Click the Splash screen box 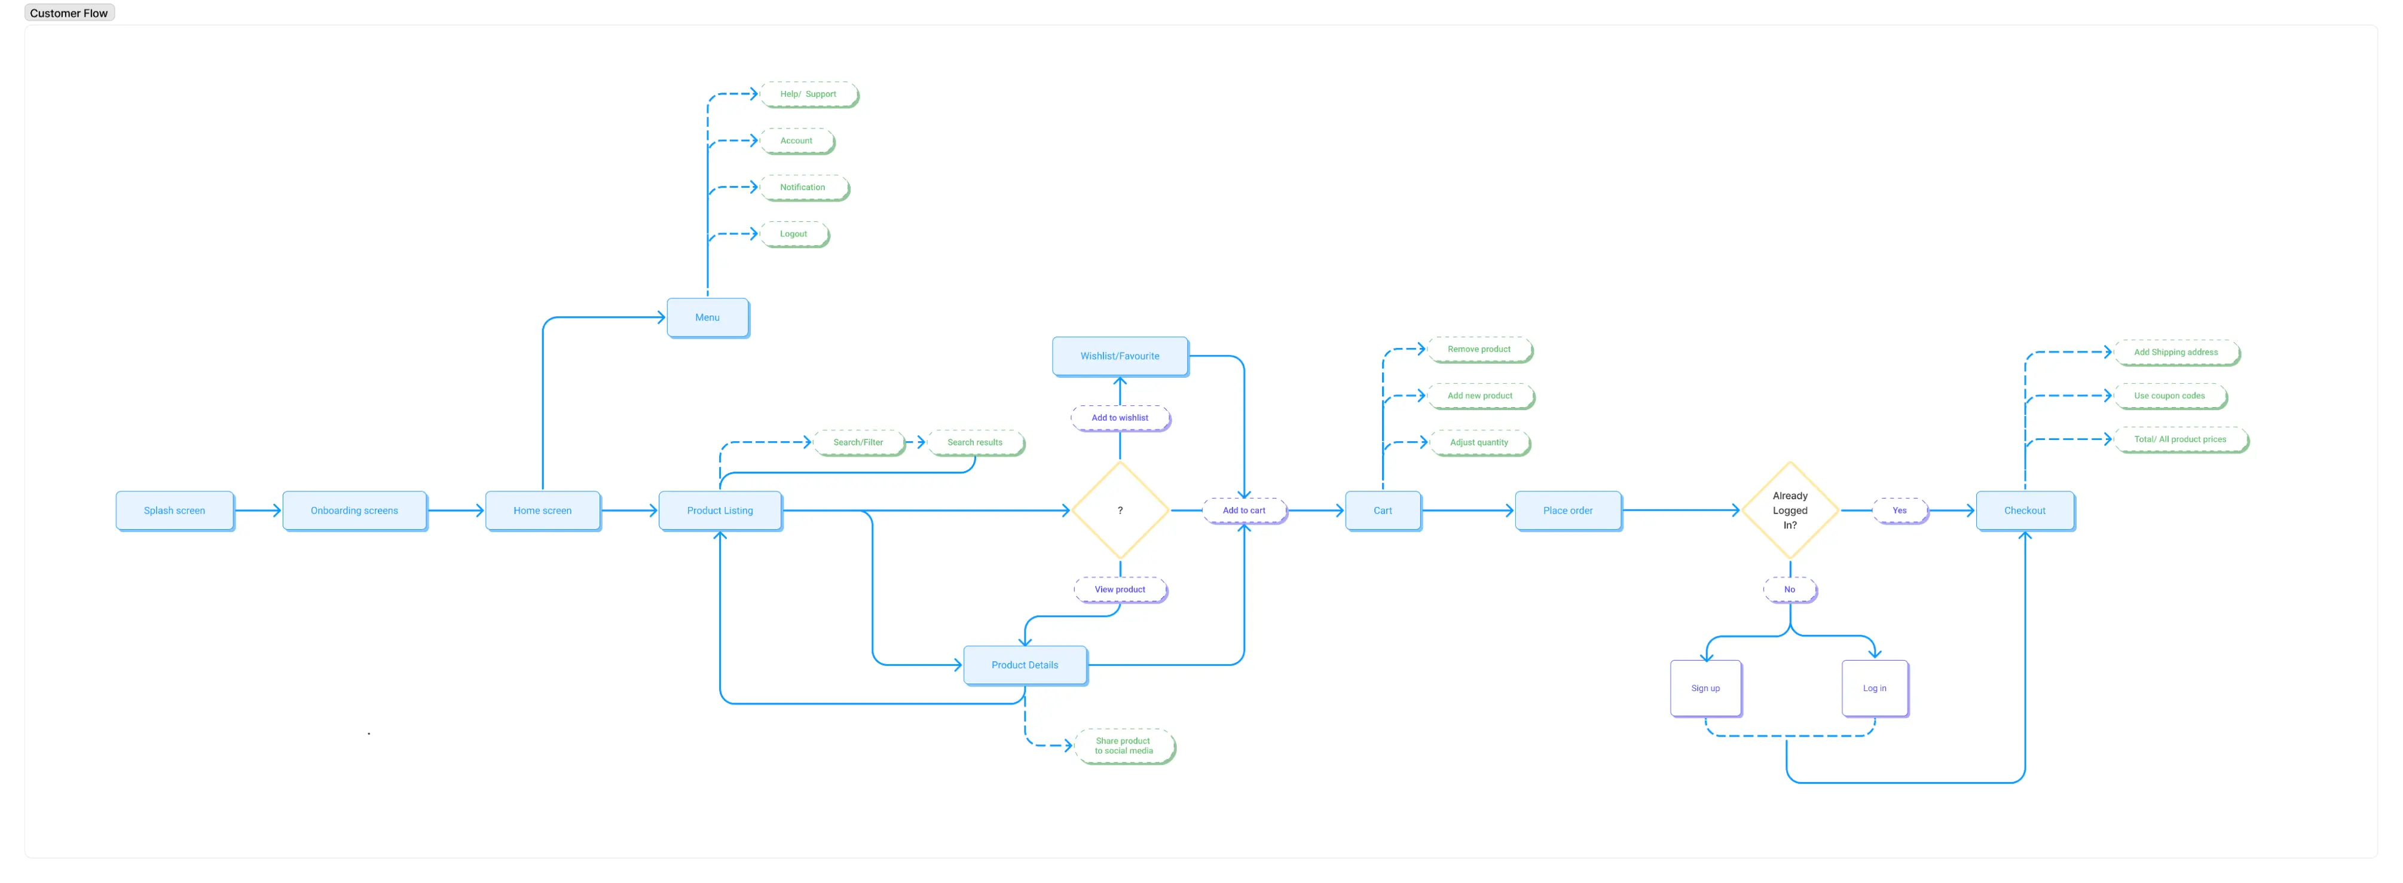point(175,511)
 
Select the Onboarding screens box point(354,511)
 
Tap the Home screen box point(543,511)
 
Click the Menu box point(707,317)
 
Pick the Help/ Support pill point(808,94)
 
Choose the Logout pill point(794,234)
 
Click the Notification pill point(803,188)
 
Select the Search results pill point(975,442)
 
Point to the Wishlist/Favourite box point(1120,356)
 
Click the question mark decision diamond point(1120,511)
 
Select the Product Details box point(1024,665)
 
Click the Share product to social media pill point(1124,745)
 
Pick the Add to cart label point(1245,511)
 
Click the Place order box point(1567,511)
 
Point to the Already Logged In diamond point(1789,511)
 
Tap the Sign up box point(1705,689)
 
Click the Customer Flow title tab point(69,13)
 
